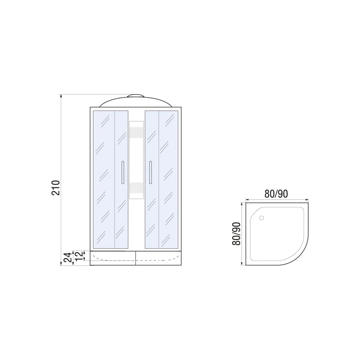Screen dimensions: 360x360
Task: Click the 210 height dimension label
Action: pyautogui.click(x=55, y=188)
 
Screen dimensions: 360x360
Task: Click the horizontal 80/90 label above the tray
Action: pyautogui.click(x=276, y=194)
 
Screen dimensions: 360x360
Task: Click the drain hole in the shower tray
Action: pyautogui.click(x=262, y=219)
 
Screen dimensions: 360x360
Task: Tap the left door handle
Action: pyautogui.click(x=122, y=172)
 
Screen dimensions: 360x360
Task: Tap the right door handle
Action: pyautogui.click(x=151, y=172)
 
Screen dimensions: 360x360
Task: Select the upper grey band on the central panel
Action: pyautogui.click(x=136, y=133)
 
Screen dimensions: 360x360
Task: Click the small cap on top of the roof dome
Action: pyautogui.click(x=136, y=96)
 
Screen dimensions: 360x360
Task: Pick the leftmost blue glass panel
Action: pyautogui.click(x=103, y=179)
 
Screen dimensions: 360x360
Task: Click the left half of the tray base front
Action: pyautogui.click(x=113, y=257)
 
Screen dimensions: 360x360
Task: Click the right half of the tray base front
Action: pyautogui.click(x=159, y=257)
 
